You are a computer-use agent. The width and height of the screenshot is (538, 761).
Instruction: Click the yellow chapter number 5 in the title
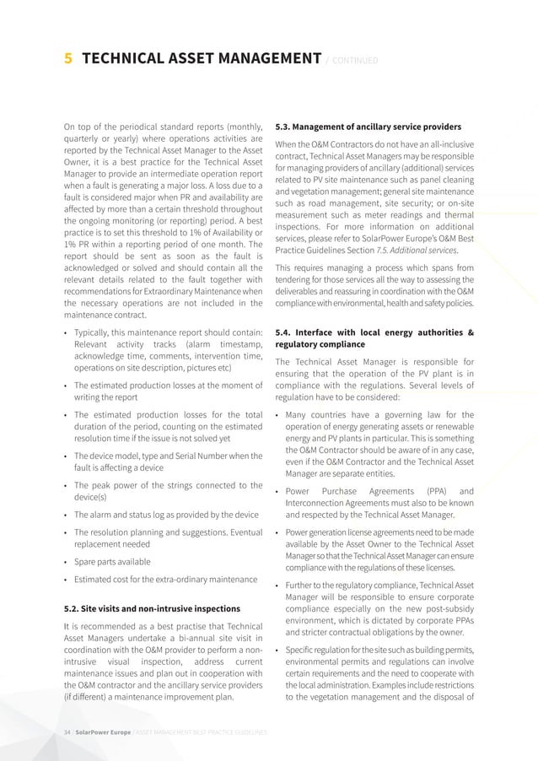click(x=68, y=58)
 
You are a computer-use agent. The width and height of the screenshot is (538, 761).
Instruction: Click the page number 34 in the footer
click(x=67, y=732)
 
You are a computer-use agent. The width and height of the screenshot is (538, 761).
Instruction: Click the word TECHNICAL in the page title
click(x=127, y=58)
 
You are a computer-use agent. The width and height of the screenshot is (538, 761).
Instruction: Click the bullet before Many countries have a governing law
click(x=278, y=414)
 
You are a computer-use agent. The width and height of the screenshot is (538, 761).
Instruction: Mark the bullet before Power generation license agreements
click(x=278, y=533)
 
